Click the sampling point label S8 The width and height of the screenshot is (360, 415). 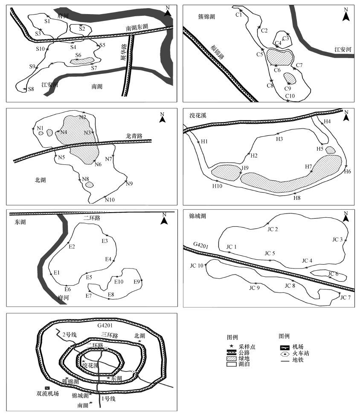pos(31,89)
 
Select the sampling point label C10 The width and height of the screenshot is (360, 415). pos(290,96)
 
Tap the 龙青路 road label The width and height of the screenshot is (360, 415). pos(134,136)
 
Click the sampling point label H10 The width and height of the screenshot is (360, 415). pos(217,186)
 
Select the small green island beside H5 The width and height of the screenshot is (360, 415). pos(330,150)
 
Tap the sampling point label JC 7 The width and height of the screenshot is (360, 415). pos(345,298)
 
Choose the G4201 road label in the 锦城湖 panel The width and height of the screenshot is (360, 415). pos(200,244)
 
